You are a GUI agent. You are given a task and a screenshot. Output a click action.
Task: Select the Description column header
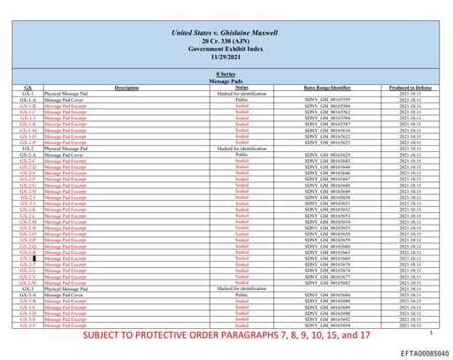pyautogui.click(x=127, y=87)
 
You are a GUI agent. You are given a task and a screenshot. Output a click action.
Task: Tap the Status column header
pyautogui.click(x=242, y=87)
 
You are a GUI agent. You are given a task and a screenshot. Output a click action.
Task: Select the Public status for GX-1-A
pyautogui.click(x=242, y=98)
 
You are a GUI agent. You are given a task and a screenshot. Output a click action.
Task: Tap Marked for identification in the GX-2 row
pyautogui.click(x=242, y=147)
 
